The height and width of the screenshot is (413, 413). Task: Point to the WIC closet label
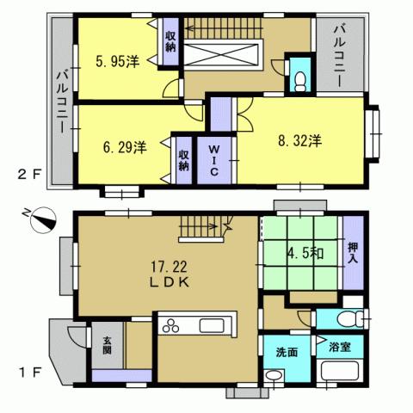tap(213, 160)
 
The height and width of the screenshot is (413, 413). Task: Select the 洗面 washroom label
tap(287, 352)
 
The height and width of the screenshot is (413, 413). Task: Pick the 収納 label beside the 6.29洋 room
tap(183, 159)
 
